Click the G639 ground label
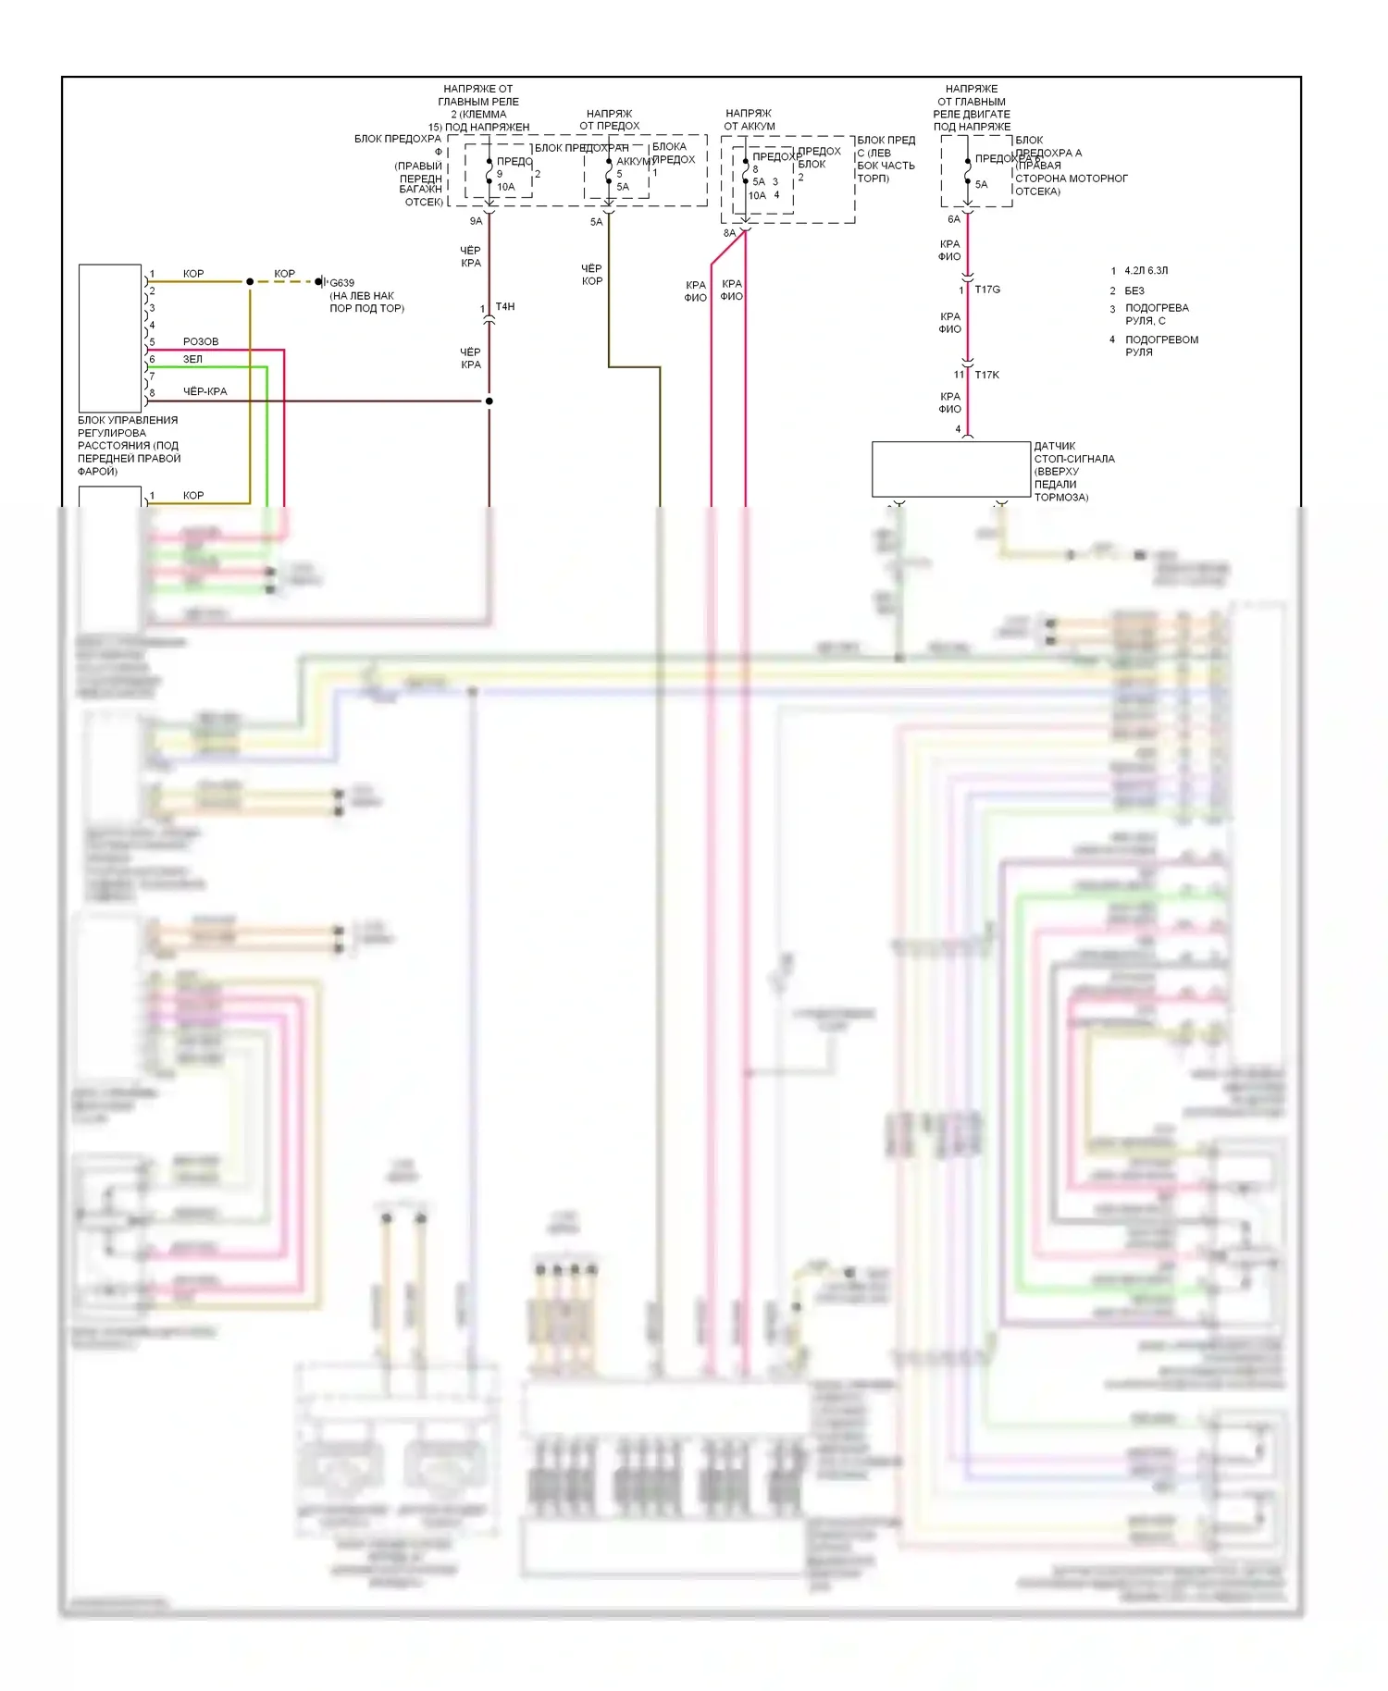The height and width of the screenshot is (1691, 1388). coord(341,283)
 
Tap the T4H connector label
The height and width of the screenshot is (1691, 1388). coord(505,306)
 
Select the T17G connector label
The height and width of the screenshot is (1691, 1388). coord(987,290)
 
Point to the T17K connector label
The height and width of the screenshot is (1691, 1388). coord(986,375)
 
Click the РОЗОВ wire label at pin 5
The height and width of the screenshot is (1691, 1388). coord(201,341)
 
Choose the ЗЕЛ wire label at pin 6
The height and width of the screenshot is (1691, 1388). coord(192,359)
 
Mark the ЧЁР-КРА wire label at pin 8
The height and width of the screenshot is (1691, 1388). coord(204,391)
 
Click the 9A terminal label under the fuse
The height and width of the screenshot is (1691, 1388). coord(476,221)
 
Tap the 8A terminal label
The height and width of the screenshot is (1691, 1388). coord(729,233)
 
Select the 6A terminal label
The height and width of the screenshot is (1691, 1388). coord(954,219)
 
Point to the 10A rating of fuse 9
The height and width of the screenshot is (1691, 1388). coord(505,187)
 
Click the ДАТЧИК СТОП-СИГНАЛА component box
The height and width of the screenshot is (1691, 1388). coord(950,469)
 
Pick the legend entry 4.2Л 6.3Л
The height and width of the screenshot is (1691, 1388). coord(1146,271)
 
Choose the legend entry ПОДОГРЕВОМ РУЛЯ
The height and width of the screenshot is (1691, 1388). coord(1161,345)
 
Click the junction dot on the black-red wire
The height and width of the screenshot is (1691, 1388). coord(489,401)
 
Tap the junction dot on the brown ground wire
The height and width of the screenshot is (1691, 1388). coord(250,281)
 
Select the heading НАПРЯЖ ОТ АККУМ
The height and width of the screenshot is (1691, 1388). coord(750,119)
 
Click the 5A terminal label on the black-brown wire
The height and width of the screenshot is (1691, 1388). coord(596,222)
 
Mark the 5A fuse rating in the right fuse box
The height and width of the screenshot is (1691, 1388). coord(981,184)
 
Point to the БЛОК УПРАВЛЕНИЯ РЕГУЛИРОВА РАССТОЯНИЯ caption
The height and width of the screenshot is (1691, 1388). coord(129,445)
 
